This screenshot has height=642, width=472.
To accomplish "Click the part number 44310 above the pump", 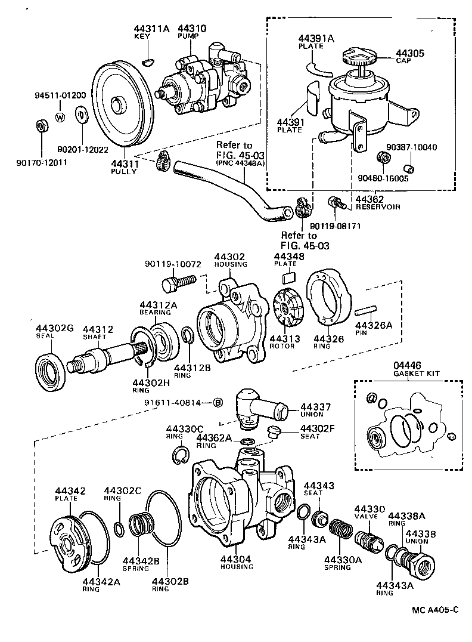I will click(191, 28).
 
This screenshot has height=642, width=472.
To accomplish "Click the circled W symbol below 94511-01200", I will click(60, 117).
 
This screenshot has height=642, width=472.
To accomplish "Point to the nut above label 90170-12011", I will click(41, 126).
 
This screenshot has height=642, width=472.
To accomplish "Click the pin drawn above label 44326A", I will click(365, 311).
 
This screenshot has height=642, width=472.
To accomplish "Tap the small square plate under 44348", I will click(288, 276).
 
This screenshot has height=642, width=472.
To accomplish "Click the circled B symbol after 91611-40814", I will click(218, 402).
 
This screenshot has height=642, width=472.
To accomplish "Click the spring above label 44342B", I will click(142, 526).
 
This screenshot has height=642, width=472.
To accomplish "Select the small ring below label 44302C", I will click(119, 528).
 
